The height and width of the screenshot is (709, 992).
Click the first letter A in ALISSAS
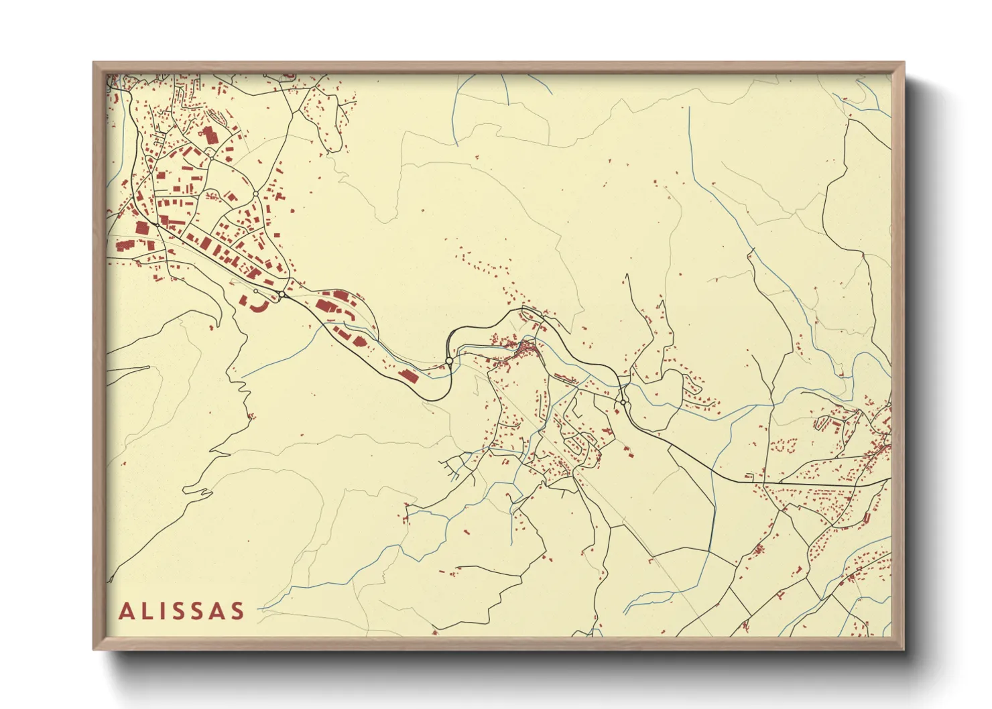click(126, 611)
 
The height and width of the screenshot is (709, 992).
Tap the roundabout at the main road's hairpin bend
click(449, 361)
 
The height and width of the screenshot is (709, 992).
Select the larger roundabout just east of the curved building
click(283, 295)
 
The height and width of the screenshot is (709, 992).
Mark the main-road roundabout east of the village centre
click(623, 403)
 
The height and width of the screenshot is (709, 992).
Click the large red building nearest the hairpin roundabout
click(409, 375)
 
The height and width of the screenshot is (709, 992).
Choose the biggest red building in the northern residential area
click(210, 133)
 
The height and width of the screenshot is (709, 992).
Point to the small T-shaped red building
click(782, 594)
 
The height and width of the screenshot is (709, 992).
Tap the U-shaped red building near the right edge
click(820, 424)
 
